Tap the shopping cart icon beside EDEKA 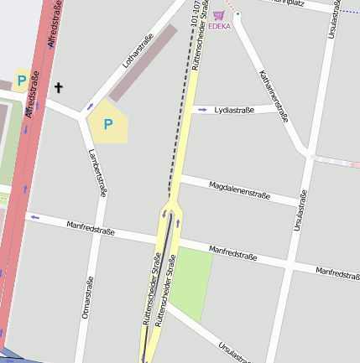coord(218,15)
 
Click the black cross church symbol coord(59,86)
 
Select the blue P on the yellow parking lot coord(107,124)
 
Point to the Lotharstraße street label coord(133,50)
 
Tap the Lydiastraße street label coord(235,110)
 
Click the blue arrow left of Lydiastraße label coord(202,110)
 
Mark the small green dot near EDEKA coord(237,14)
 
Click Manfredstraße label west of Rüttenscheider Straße coord(91,227)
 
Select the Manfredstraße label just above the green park coord(232,252)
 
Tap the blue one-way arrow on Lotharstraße coord(90,106)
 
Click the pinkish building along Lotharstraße coord(143,64)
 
